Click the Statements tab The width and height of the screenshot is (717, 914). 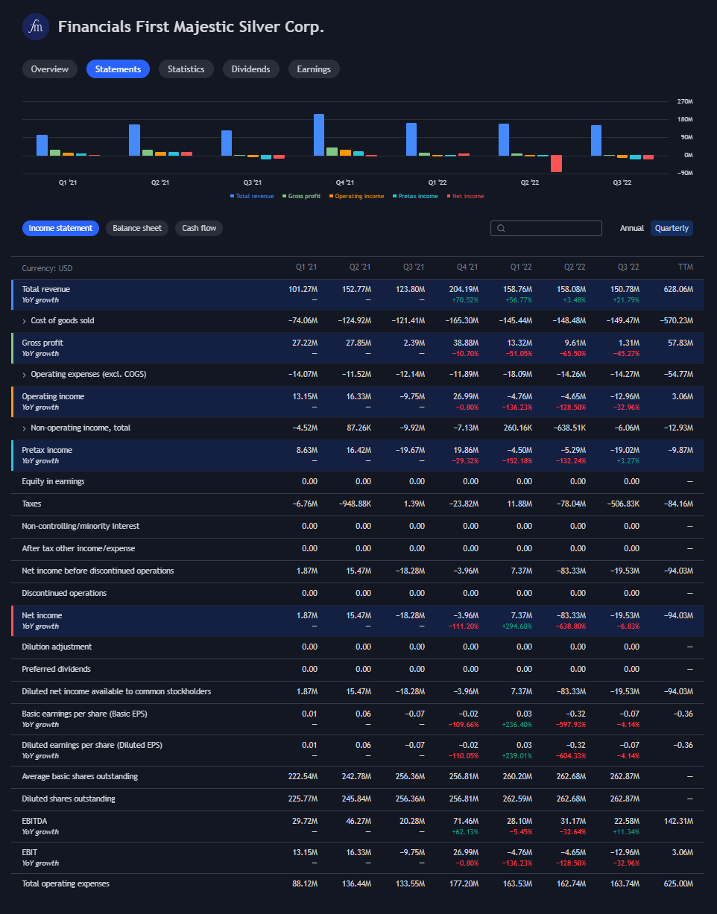(118, 69)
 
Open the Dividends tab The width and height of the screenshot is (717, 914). (250, 69)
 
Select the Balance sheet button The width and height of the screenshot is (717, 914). (137, 228)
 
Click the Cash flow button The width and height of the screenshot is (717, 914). (199, 228)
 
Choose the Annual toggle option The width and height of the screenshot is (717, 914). (632, 228)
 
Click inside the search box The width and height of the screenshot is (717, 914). (552, 229)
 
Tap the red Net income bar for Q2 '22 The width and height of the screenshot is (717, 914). (556, 164)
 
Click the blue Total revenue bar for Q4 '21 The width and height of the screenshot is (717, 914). (319, 135)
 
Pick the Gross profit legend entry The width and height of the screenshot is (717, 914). (301, 197)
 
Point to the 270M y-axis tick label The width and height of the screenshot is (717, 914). (685, 101)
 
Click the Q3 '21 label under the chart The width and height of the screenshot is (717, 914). (253, 183)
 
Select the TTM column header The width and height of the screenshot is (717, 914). (685, 267)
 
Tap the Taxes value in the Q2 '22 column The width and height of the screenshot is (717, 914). (572, 504)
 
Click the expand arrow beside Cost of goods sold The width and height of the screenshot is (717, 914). (24, 321)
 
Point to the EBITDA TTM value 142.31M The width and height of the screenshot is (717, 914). (677, 821)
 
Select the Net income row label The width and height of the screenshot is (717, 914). (42, 615)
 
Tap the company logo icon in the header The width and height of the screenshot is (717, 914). (35, 28)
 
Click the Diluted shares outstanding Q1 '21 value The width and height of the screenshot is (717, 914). (303, 799)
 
